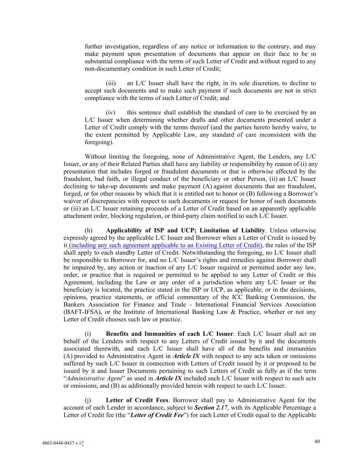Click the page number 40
(317, 441)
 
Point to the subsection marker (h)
(88, 230)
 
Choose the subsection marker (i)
(88, 334)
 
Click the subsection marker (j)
(88, 400)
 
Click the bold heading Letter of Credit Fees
(137, 400)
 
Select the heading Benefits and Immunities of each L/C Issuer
(170, 334)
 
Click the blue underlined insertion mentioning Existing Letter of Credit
(165, 245)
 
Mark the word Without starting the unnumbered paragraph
(96, 157)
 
